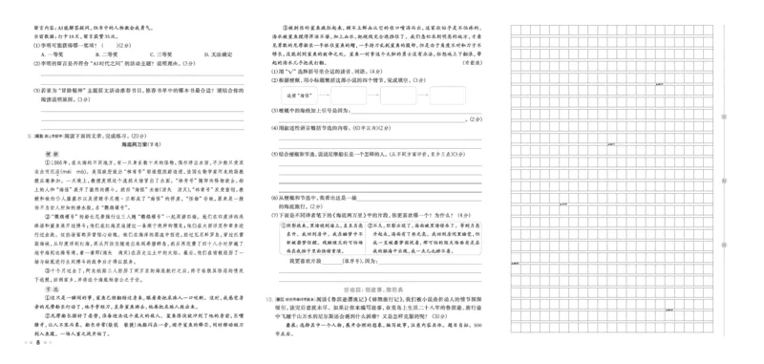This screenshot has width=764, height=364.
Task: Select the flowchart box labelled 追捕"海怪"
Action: (x=296, y=96)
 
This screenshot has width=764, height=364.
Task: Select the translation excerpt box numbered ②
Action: (x=437, y=236)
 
